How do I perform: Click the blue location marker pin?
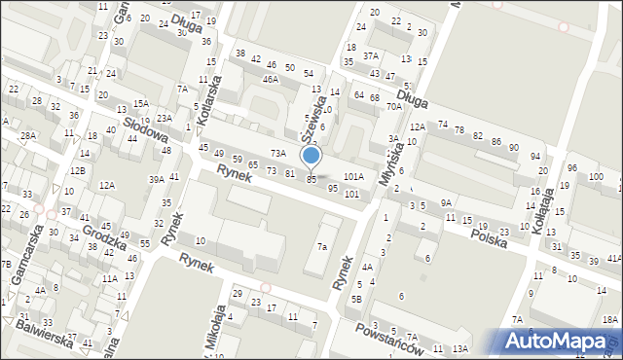(x=311, y=156)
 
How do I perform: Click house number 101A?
(x=353, y=177)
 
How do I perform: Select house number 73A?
(x=277, y=153)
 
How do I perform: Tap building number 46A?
(x=270, y=80)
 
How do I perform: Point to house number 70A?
(x=393, y=106)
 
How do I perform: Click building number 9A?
(x=446, y=202)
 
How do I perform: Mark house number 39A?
(x=156, y=180)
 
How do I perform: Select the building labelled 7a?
(x=321, y=247)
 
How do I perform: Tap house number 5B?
(x=357, y=299)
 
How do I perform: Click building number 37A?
(x=371, y=55)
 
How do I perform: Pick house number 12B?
(x=77, y=171)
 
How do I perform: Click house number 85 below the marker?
(x=311, y=180)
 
